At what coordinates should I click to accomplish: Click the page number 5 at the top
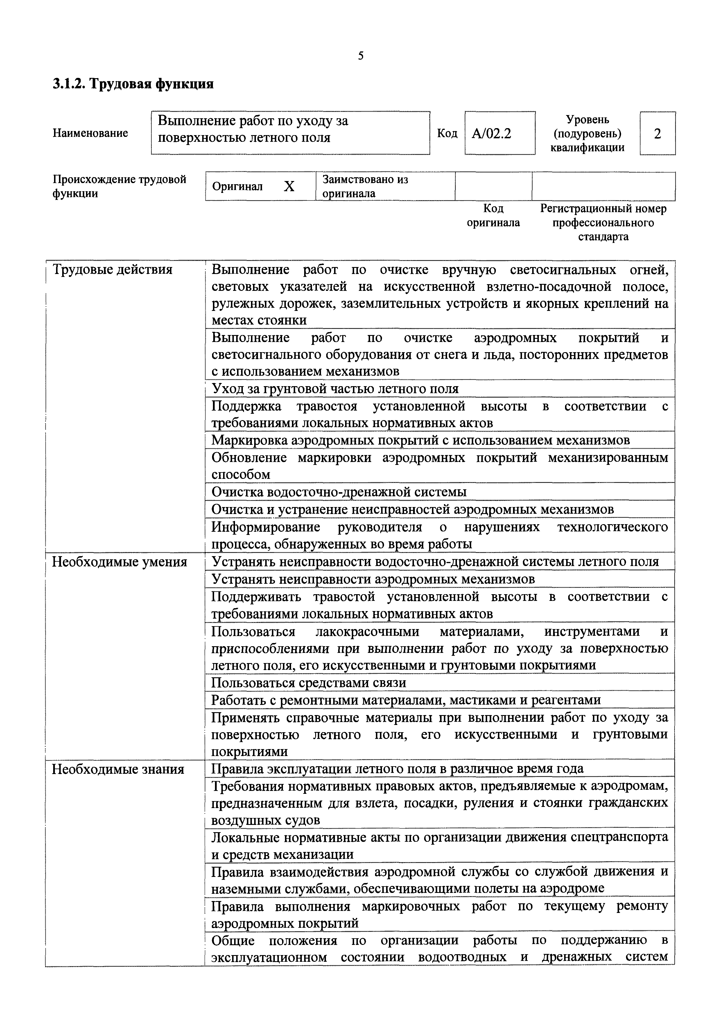[360, 56]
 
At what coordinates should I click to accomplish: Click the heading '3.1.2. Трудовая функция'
[133, 84]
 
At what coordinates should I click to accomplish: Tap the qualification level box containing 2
[657, 133]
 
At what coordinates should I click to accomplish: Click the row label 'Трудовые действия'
[112, 270]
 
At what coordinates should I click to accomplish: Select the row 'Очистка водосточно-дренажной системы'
[339, 492]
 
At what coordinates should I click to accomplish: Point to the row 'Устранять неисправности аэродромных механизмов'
[373, 579]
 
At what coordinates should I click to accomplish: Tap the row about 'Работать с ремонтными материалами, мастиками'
[406, 700]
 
